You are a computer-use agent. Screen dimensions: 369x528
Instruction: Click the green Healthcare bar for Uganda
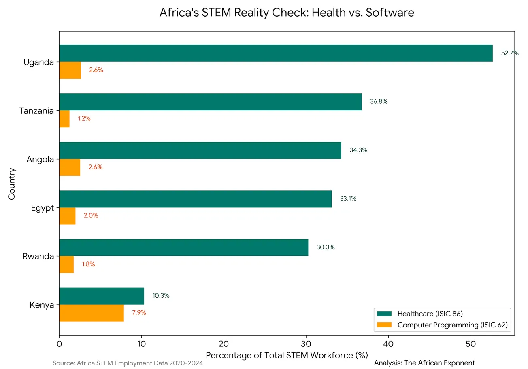click(276, 53)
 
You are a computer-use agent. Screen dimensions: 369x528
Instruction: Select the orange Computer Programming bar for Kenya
click(92, 313)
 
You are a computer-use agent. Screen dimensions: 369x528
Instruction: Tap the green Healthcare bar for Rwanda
click(183, 247)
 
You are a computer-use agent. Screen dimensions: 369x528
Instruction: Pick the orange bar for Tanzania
click(64, 119)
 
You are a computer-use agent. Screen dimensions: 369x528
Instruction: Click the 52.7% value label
click(509, 53)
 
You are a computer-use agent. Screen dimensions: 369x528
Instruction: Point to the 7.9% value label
click(139, 313)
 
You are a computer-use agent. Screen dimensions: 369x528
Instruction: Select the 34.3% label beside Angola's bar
click(358, 150)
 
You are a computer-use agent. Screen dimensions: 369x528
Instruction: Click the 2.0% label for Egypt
click(91, 216)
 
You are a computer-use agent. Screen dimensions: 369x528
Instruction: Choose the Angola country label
click(40, 159)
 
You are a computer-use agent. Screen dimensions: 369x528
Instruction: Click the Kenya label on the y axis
click(42, 305)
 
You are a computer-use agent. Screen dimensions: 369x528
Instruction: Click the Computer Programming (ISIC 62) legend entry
click(452, 325)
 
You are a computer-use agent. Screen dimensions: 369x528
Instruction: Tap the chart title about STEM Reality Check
click(287, 13)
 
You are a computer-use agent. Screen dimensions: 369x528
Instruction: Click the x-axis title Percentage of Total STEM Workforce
click(287, 356)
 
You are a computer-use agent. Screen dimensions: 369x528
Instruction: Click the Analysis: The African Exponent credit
click(424, 363)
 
